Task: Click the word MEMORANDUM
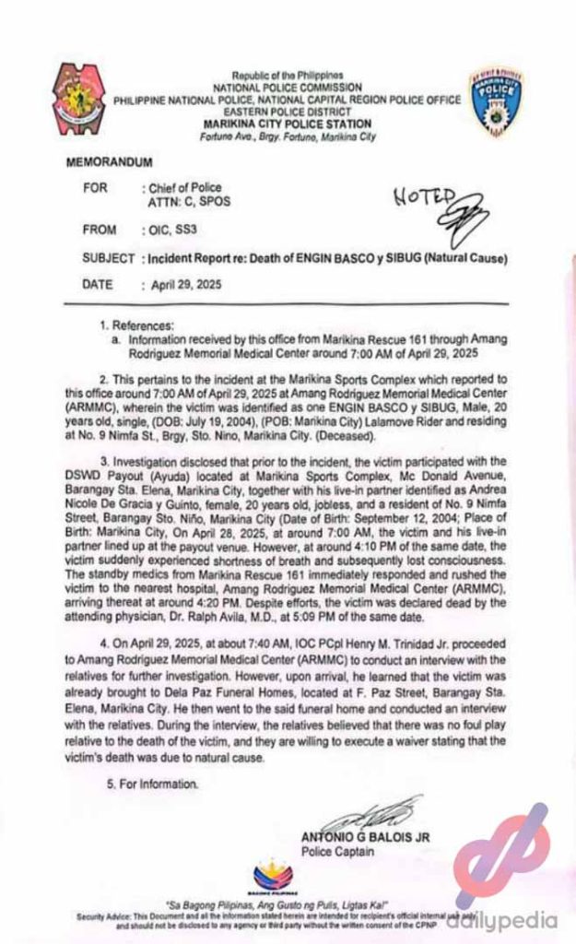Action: click(106, 160)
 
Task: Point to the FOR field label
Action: click(95, 187)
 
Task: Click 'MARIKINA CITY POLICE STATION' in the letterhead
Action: click(288, 124)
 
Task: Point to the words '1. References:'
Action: click(137, 325)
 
